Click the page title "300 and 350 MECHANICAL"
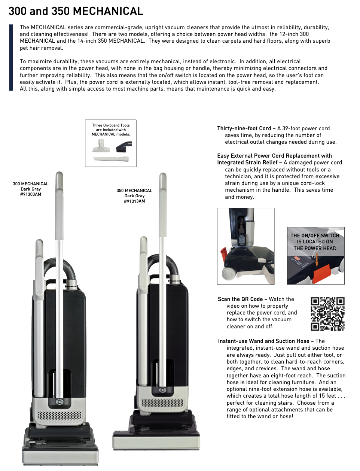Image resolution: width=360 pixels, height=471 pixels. point(76,11)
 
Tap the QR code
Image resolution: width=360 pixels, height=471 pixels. point(327,314)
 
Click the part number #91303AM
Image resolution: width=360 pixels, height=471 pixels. point(31,194)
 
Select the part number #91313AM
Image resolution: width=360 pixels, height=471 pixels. point(134,201)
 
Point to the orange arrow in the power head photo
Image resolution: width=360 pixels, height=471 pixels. point(317,259)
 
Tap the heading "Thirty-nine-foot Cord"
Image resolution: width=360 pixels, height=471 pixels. point(244,128)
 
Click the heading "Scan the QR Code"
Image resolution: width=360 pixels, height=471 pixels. point(240,299)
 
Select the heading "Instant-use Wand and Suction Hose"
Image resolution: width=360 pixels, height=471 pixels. point(263,341)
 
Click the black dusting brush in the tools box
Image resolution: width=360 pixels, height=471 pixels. point(124,146)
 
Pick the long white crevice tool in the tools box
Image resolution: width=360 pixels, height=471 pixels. point(111,159)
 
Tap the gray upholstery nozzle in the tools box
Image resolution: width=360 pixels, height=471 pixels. point(101,146)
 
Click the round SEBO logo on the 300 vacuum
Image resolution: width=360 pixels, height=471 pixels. point(60,402)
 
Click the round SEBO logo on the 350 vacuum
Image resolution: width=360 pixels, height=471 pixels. point(162,390)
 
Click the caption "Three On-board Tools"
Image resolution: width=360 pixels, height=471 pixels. point(111,125)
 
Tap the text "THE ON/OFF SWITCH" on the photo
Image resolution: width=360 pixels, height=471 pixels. point(315,235)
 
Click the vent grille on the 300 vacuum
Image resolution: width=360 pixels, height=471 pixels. point(60,416)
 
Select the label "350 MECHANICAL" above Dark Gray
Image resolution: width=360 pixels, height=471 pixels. point(134,191)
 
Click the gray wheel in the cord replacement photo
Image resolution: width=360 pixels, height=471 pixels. point(229,273)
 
